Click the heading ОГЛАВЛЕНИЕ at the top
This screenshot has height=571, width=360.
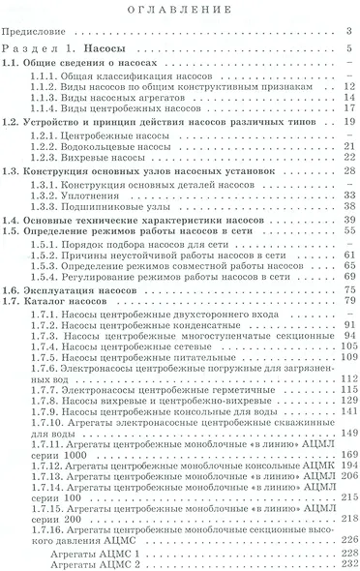pyautogui.click(x=179, y=11)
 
